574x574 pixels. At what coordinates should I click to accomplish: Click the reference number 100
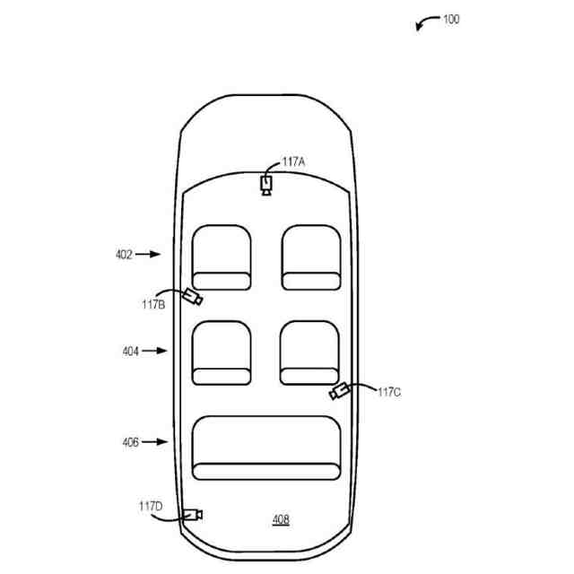(451, 19)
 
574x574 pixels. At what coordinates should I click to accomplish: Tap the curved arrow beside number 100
(426, 22)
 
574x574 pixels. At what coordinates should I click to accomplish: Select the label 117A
(293, 162)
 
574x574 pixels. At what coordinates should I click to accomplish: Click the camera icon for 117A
(266, 185)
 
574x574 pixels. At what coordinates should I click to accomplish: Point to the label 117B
(152, 305)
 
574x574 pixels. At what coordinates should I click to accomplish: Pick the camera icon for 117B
(191, 297)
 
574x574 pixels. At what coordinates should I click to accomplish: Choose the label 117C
(389, 392)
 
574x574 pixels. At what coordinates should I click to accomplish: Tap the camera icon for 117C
(339, 392)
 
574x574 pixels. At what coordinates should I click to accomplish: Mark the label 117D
(151, 507)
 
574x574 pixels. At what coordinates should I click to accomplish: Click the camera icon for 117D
(192, 514)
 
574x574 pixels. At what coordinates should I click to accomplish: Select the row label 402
(124, 255)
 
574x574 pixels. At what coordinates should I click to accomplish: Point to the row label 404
(131, 352)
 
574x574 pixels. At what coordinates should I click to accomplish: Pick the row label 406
(131, 442)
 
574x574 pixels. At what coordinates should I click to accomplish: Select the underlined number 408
(281, 519)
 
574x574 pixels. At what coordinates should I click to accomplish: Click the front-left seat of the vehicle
(222, 257)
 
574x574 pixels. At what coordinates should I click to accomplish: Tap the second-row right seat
(310, 352)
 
